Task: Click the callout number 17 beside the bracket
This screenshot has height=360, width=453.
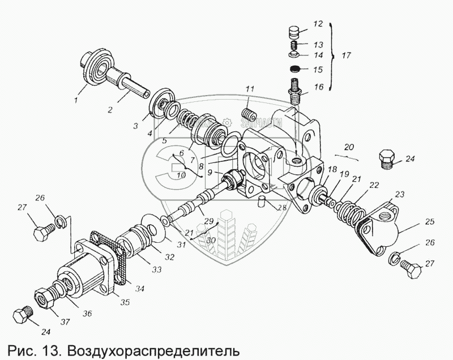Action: (345, 55)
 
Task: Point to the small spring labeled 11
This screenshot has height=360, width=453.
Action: (247, 115)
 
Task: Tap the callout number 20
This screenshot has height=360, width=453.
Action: (349, 147)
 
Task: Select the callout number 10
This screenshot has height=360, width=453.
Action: (181, 175)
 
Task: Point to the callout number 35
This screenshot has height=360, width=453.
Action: (125, 302)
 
